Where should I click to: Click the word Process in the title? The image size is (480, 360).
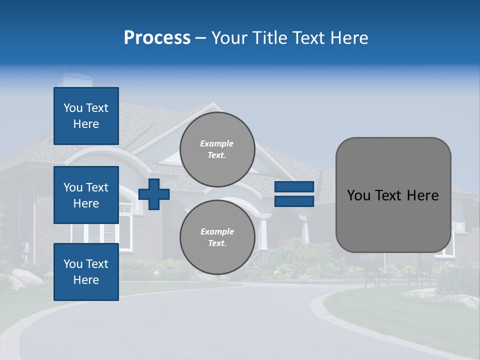157,38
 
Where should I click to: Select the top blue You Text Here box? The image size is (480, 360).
86,116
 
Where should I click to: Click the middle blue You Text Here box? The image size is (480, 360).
86,195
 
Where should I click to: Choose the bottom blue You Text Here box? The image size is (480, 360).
86,272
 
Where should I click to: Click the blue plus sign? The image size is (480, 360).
154,194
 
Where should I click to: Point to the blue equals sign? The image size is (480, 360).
294,194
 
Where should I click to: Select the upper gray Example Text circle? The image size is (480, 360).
217,149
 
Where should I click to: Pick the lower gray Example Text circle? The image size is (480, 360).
217,237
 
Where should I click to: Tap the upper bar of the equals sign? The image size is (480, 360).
294,187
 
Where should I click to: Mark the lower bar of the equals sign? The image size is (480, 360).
294,201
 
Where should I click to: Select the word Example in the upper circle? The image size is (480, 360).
217,143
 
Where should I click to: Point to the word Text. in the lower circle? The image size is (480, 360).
217,243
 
